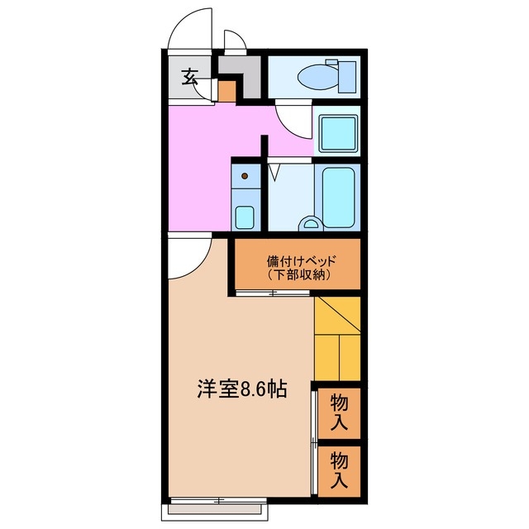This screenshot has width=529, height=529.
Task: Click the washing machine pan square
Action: pyautogui.click(x=337, y=131)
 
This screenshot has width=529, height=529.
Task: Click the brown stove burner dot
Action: pyautogui.click(x=245, y=176)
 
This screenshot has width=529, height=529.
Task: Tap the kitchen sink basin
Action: pyautogui.click(x=245, y=217)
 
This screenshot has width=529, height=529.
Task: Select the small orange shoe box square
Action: pyautogui.click(x=228, y=90)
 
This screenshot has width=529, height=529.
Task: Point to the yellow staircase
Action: pyautogui.click(x=337, y=339)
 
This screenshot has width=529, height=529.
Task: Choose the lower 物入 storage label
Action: pyautogui.click(x=340, y=469)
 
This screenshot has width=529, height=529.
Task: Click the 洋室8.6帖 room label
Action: pyautogui.click(x=241, y=389)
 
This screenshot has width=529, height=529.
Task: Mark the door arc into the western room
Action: pyautogui.click(x=190, y=258)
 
